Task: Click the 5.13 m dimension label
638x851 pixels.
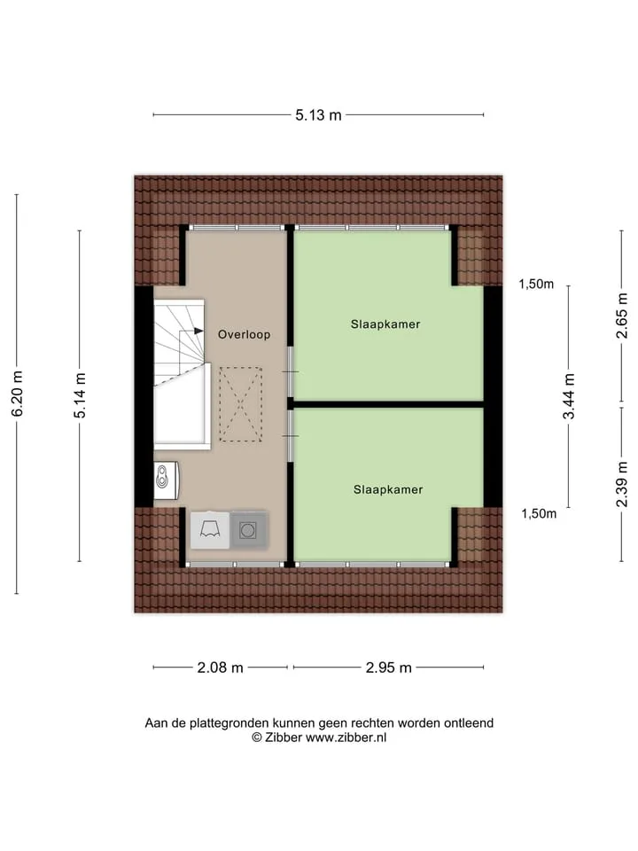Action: [x=318, y=115]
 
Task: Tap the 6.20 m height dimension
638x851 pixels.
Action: [x=18, y=394]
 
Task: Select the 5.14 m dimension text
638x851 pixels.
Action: [x=81, y=395]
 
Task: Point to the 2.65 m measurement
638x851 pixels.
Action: [x=622, y=316]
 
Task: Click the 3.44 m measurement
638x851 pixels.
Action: [x=569, y=397]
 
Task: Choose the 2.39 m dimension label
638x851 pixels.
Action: [x=622, y=484]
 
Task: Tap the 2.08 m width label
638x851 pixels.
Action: [x=220, y=668]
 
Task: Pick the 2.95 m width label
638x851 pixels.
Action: [x=388, y=668]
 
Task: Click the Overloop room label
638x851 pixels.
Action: [x=245, y=334]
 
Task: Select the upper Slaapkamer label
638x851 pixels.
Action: [x=385, y=324]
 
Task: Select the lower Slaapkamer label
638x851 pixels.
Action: [x=388, y=489]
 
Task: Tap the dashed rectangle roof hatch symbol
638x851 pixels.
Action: [x=241, y=404]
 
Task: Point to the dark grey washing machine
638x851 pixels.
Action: [x=248, y=530]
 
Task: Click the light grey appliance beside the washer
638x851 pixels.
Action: [x=209, y=530]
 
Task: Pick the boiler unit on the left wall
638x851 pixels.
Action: [x=166, y=480]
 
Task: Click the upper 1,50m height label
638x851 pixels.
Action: [x=536, y=284]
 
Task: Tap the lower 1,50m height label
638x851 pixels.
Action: [x=539, y=513]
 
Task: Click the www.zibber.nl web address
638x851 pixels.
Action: [x=346, y=738]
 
